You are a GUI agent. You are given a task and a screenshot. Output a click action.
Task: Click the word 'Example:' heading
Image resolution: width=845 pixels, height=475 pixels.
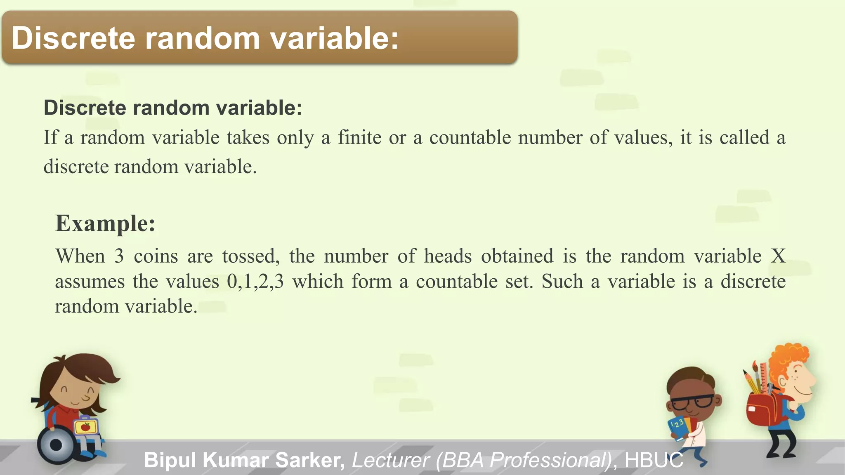(105, 224)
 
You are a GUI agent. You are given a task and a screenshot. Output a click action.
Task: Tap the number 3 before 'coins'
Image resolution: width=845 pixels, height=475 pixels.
(119, 256)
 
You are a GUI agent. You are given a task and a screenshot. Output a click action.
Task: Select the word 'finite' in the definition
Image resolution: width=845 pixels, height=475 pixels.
(359, 138)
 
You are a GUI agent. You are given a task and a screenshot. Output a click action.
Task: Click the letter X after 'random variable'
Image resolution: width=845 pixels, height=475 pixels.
(778, 256)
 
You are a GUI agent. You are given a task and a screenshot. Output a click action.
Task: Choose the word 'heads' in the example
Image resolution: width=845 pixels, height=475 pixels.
(448, 256)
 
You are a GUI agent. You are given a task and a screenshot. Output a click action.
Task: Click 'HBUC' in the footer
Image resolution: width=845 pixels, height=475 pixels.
(654, 460)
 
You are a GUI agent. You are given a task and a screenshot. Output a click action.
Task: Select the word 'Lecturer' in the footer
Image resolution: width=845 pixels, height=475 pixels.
(390, 460)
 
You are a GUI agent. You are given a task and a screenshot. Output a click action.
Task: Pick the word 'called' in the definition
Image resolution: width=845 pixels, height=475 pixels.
(744, 138)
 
